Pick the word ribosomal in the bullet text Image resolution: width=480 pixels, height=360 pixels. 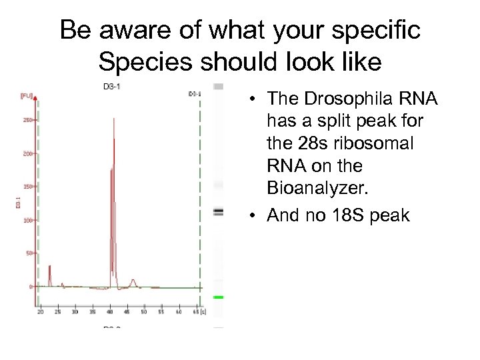[x=383, y=143]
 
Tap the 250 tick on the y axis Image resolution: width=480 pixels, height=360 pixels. [x=27, y=120]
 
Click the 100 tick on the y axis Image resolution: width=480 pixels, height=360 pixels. [x=27, y=220]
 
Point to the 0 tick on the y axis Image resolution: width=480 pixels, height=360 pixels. [x=30, y=287]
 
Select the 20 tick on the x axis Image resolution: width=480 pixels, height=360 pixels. [x=40, y=311]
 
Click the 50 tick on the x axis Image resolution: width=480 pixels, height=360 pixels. [x=144, y=311]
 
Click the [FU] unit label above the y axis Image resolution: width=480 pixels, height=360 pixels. [x=27, y=96]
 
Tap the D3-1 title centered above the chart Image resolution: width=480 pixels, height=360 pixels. [x=111, y=86]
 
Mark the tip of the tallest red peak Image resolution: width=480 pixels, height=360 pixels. [x=114, y=119]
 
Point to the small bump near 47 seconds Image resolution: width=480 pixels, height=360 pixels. [x=133, y=281]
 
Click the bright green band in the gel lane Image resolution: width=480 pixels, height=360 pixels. [x=218, y=297]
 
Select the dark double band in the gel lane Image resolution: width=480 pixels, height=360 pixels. [x=218, y=211]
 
